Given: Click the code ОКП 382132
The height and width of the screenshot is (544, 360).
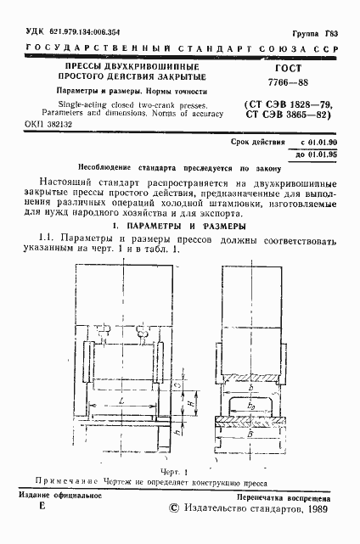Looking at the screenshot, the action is click(x=41, y=123).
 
